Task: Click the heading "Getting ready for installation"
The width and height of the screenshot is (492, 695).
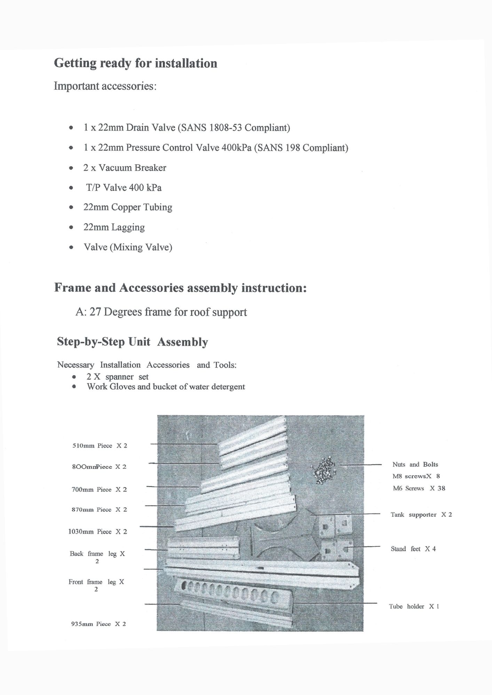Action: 135,63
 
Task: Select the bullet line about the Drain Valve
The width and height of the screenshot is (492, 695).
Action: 187,128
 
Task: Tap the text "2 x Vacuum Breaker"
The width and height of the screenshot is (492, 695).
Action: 125,168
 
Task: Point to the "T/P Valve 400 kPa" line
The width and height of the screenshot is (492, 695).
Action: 124,188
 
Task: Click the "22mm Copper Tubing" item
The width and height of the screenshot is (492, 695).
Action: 128,207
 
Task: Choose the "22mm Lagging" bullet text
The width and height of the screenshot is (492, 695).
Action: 114,227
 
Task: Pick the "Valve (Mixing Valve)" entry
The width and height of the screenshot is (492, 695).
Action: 128,247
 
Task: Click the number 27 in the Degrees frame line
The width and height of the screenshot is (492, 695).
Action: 95,312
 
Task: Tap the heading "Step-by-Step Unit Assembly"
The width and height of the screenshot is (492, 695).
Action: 132,342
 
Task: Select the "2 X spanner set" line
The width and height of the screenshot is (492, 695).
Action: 117,377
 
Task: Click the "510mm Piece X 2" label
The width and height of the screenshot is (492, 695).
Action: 100,445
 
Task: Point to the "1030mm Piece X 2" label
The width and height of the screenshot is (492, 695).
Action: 97,532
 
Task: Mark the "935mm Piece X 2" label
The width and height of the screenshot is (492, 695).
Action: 98,624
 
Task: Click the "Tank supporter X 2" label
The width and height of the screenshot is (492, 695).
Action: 421,515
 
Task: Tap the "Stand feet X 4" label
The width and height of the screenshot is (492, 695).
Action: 413,549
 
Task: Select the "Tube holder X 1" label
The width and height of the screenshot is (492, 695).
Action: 414,606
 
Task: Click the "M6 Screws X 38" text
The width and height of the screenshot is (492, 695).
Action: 419,488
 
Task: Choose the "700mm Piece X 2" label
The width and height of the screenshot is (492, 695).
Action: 99,489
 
